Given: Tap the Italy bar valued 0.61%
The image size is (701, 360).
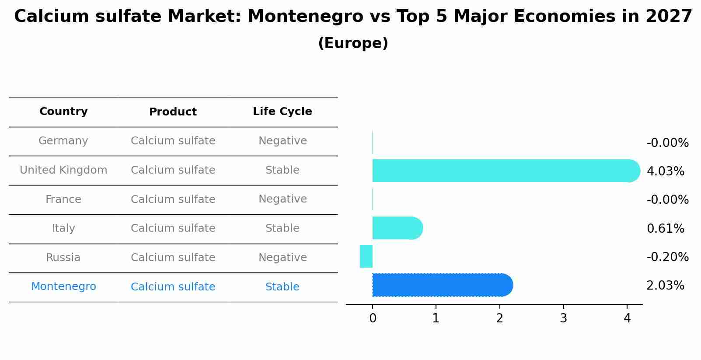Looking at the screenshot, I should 396,228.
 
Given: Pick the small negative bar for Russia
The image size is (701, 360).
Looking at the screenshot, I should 366,256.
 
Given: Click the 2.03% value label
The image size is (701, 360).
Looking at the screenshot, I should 665,286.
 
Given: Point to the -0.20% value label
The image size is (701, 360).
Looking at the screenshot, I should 667,257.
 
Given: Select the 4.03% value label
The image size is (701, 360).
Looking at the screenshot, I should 665,171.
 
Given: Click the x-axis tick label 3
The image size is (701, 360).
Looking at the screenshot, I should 563,318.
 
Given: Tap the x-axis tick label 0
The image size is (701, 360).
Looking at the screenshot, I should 373,318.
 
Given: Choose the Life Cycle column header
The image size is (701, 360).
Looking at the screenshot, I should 282,112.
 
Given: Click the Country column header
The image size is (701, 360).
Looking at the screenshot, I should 63,112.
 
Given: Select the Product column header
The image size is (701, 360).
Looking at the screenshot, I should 173,112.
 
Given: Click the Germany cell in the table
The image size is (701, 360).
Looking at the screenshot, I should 63,141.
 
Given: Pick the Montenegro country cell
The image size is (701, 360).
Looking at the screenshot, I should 63,287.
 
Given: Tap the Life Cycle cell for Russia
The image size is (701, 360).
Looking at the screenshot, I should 282,257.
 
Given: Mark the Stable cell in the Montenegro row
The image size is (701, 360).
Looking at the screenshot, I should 282,287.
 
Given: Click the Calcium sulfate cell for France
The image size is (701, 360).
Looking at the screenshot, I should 173,199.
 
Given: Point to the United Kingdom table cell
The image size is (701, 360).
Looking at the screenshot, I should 63,170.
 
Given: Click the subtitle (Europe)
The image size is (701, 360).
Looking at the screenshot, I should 353,43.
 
